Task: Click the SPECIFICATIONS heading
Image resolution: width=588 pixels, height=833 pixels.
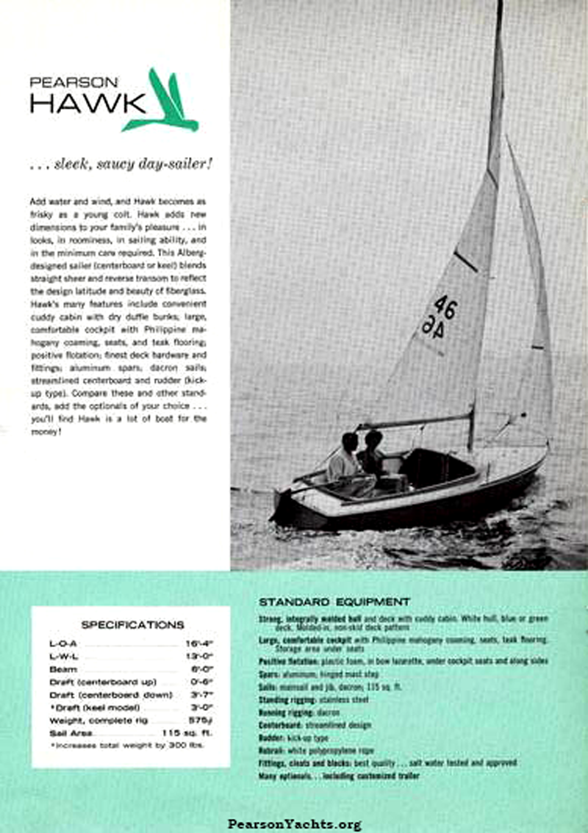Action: (132, 625)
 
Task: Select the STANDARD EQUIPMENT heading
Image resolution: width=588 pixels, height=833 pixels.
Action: (334, 602)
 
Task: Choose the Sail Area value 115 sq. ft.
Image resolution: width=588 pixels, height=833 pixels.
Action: (185, 733)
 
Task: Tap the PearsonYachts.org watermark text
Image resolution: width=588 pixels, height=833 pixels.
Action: (294, 824)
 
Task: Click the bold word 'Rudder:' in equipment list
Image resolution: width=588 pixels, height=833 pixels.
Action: (273, 738)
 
